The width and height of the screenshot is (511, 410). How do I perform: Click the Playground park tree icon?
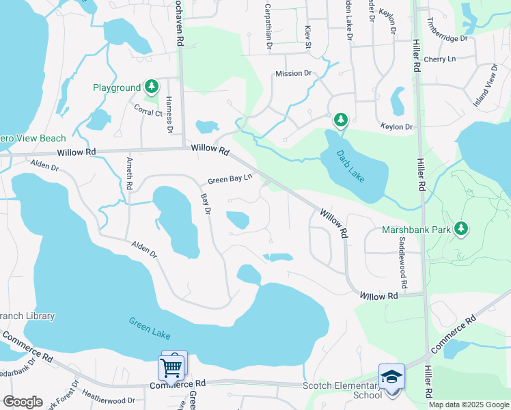pos(152,87)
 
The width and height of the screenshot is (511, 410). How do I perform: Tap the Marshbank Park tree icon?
pos(462,229)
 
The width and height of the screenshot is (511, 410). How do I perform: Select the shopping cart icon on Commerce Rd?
pos(171,368)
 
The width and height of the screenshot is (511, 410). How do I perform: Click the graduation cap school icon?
pos(391,377)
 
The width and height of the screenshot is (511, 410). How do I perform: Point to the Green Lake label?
pos(150,329)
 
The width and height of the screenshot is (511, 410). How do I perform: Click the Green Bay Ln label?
pos(230,180)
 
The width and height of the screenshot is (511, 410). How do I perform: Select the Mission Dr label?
pos(293,73)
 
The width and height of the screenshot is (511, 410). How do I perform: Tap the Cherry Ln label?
pos(439,59)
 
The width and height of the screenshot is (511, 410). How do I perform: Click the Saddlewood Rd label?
pos(403,262)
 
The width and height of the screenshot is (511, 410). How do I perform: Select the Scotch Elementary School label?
pos(342,390)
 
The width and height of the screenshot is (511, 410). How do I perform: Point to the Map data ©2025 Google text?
pos(469,405)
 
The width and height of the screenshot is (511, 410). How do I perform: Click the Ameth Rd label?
pos(129,174)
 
